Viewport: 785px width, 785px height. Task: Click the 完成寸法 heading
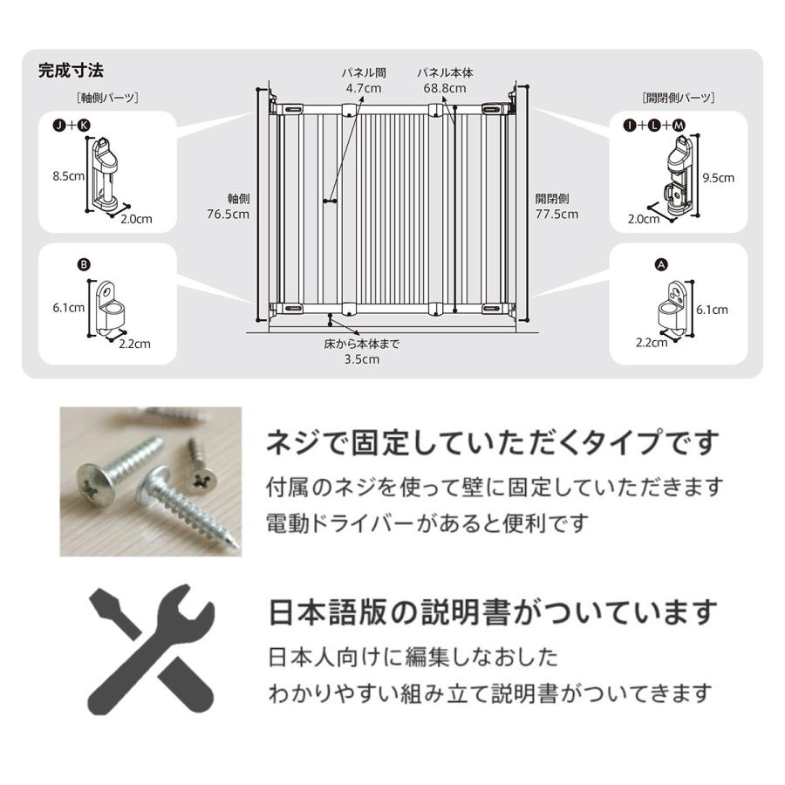pyautogui.click(x=71, y=70)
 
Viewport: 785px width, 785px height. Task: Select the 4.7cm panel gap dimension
pyautogui.click(x=364, y=88)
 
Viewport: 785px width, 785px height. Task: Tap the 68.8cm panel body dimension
pyautogui.click(x=443, y=88)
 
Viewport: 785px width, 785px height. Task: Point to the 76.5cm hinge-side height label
pyautogui.click(x=228, y=213)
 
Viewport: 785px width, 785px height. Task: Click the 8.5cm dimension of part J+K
pyautogui.click(x=66, y=175)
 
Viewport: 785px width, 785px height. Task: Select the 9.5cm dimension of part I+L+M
pyautogui.click(x=720, y=177)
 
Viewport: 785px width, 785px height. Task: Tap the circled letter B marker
pyautogui.click(x=84, y=265)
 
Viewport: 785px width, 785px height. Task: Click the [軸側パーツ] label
pyautogui.click(x=108, y=98)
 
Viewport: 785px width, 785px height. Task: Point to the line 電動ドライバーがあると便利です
pyautogui.click(x=427, y=524)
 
